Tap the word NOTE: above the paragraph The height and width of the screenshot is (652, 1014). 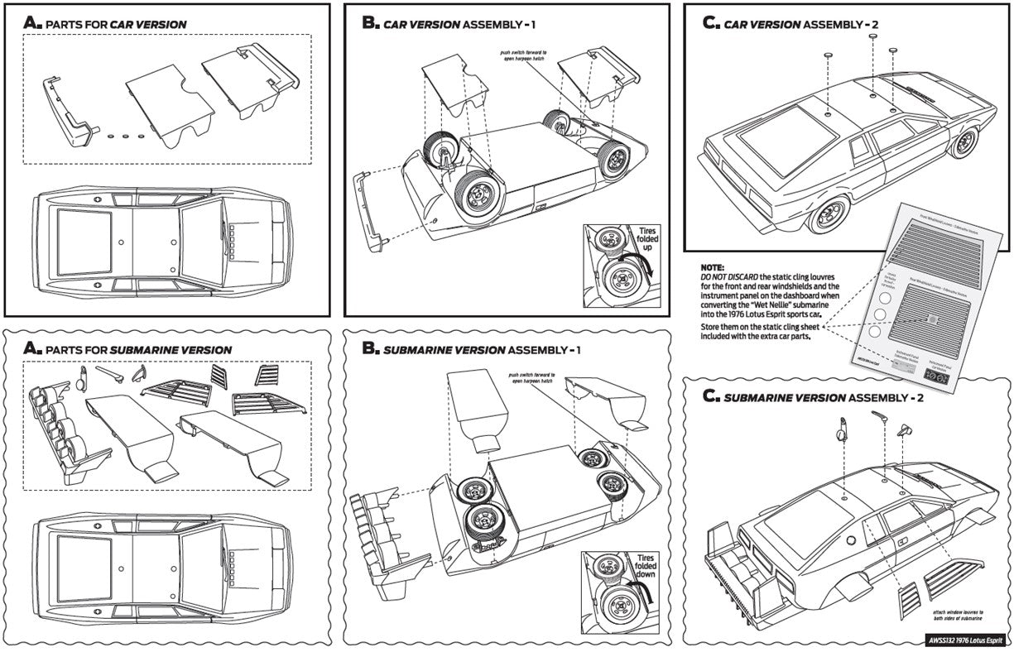tap(713, 268)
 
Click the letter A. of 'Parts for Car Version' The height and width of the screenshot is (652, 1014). tap(32, 23)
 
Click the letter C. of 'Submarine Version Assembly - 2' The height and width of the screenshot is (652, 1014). tap(709, 396)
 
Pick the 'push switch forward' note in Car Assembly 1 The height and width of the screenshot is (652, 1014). tap(523, 55)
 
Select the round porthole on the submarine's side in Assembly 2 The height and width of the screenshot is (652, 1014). tap(849, 539)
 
